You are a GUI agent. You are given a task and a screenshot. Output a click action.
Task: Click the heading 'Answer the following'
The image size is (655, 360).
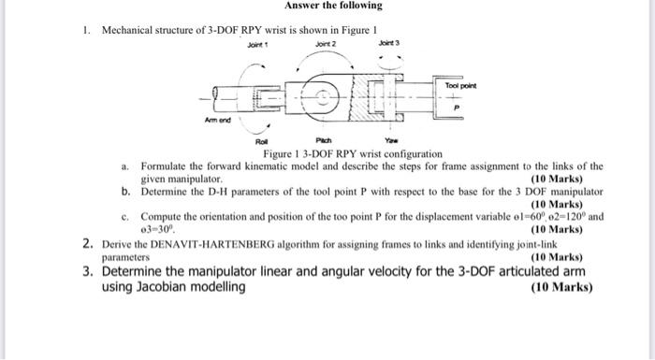327,6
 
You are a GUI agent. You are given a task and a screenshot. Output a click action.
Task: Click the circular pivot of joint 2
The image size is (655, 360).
324,96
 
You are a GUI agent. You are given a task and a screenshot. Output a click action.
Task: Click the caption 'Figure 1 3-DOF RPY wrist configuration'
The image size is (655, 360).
339,154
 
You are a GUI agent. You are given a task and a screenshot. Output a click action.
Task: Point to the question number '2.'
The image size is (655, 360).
86,245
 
